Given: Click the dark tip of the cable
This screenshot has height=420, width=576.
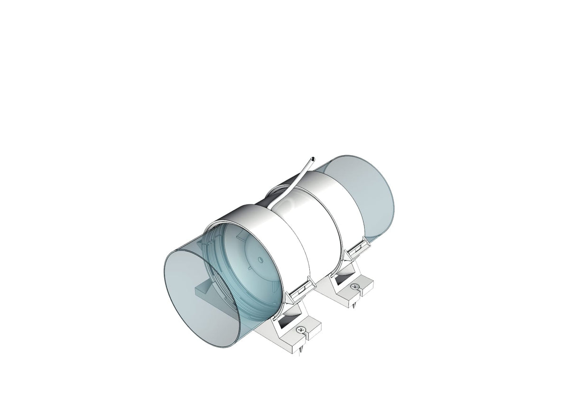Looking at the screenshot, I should (x=313, y=158).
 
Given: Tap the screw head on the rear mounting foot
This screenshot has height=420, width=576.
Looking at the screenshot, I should (x=354, y=287).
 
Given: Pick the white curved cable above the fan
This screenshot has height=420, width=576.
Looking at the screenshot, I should (x=294, y=180).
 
